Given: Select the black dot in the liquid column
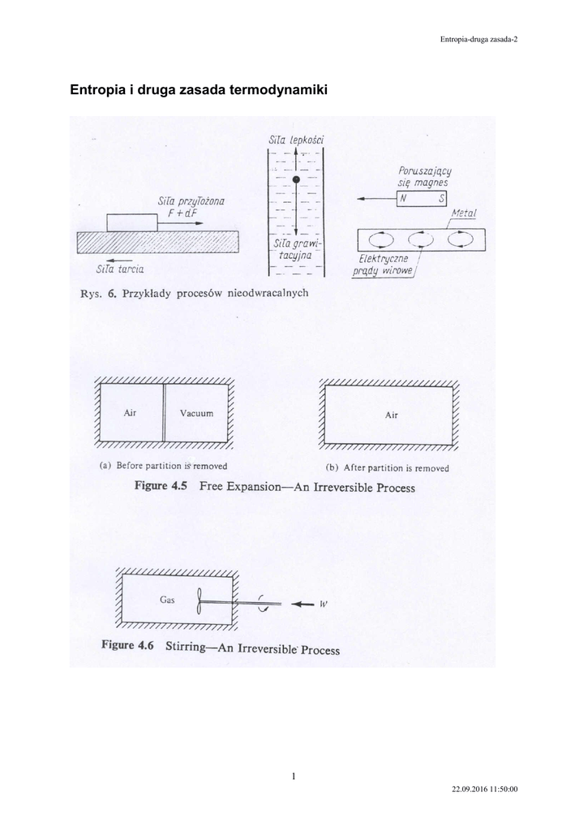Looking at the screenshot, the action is (x=296, y=179).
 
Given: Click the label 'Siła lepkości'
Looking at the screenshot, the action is (x=296, y=140).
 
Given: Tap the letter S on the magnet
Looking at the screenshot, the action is (x=442, y=199).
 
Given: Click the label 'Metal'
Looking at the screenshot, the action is (x=465, y=213).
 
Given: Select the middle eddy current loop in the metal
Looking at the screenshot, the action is (x=420, y=239).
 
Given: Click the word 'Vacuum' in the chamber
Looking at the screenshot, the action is (x=196, y=413).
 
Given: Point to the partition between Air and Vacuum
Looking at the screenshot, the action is (x=165, y=413).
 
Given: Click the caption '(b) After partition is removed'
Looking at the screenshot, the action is (x=386, y=467).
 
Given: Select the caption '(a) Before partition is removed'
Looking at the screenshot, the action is (x=162, y=467).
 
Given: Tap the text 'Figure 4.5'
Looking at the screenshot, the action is (x=161, y=487).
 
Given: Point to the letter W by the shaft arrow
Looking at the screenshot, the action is (x=323, y=604).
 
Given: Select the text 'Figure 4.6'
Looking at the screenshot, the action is (x=127, y=647).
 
